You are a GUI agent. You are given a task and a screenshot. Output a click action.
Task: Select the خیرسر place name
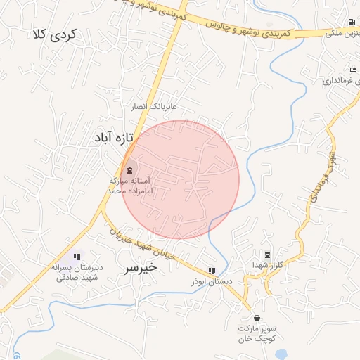pyautogui.click(x=140, y=268)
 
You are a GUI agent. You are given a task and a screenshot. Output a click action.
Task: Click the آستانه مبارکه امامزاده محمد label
pyautogui.click(x=129, y=186)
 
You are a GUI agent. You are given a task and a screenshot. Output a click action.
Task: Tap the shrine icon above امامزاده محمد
pyautogui.click(x=129, y=170)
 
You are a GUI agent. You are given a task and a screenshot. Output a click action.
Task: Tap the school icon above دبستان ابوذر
pyautogui.click(x=212, y=271)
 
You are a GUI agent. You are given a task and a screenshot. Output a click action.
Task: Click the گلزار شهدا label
pyautogui.click(x=268, y=264)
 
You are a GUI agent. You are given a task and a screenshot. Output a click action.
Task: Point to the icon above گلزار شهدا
pyautogui.click(x=266, y=255)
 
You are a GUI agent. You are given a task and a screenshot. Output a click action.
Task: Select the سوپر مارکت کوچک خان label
pyautogui.click(x=256, y=333)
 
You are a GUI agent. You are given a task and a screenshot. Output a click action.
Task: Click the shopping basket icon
pyautogui.click(x=256, y=319)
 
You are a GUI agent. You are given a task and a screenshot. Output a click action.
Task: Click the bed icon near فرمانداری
pyautogui.click(x=353, y=70)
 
